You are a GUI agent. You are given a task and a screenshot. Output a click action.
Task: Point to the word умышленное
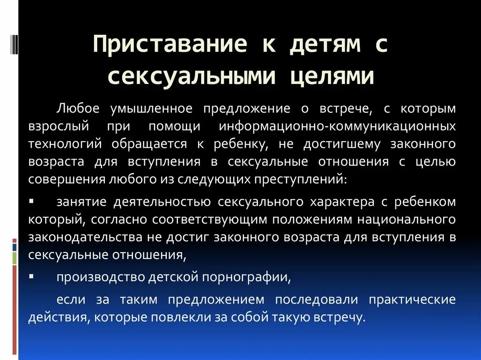151,109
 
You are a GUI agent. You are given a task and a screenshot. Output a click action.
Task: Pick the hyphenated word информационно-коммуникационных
337,127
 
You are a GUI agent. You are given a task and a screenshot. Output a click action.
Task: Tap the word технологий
65,144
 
